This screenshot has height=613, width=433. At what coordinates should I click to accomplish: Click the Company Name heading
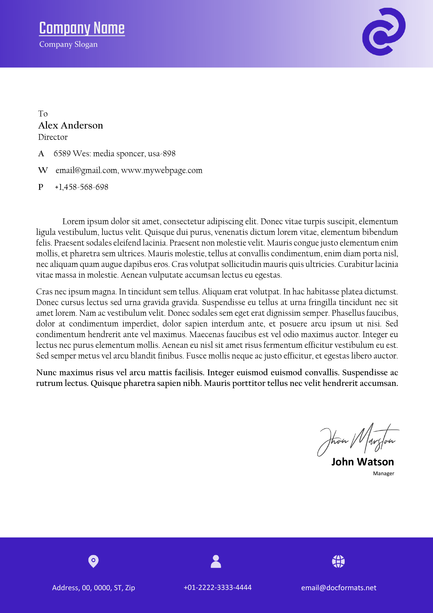pyautogui.click(x=82, y=28)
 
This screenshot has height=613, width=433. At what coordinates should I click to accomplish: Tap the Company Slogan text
pyautogui.click(x=68, y=44)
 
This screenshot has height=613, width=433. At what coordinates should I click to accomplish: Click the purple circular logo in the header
pyautogui.click(x=384, y=32)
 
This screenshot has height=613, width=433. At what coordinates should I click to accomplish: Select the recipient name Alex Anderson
pyautogui.click(x=71, y=125)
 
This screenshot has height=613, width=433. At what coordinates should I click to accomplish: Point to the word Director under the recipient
pyautogui.click(x=53, y=137)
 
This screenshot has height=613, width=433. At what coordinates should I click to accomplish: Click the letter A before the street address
pyautogui.click(x=41, y=154)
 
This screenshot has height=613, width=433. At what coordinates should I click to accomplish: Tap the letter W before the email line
pyautogui.click(x=43, y=170)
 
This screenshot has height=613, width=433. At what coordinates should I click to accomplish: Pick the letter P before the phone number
pyautogui.click(x=41, y=187)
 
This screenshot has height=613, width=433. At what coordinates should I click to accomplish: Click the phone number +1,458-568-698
pyautogui.click(x=82, y=187)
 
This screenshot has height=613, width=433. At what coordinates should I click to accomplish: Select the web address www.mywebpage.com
pyautogui.click(x=162, y=170)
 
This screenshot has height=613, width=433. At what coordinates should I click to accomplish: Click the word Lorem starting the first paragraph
pyautogui.click(x=73, y=222)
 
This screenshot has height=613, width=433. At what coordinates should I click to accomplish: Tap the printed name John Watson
pyautogui.click(x=363, y=462)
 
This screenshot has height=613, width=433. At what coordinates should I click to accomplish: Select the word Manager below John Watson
pyautogui.click(x=383, y=473)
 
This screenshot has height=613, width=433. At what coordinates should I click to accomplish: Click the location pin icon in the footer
pyautogui.click(x=93, y=561)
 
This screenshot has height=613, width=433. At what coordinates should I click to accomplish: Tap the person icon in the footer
pyautogui.click(x=216, y=561)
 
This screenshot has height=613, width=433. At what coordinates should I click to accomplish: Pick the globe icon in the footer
pyautogui.click(x=338, y=561)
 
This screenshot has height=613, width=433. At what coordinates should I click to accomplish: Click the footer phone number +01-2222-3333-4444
pyautogui.click(x=218, y=587)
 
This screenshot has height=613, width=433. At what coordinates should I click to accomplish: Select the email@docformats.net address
pyautogui.click(x=339, y=588)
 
